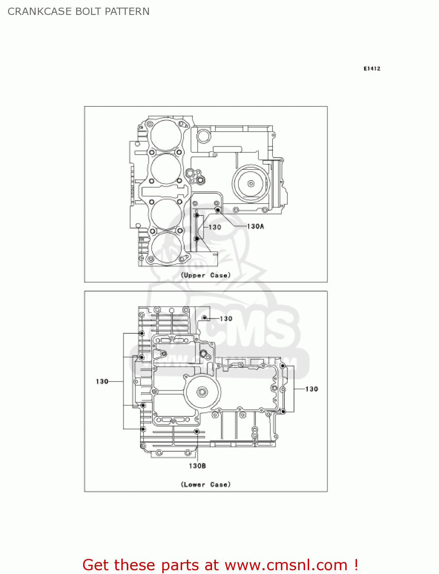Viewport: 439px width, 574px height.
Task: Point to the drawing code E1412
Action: tap(372, 68)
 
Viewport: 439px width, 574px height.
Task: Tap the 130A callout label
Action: tap(255, 227)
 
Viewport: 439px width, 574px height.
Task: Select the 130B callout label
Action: tap(197, 466)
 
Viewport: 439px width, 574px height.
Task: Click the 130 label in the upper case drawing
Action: tap(215, 227)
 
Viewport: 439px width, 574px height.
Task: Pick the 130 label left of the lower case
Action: tap(102, 382)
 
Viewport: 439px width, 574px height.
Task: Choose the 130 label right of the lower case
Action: tap(312, 389)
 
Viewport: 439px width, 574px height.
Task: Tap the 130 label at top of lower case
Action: tap(226, 318)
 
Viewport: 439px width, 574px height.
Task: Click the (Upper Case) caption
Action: tap(206, 275)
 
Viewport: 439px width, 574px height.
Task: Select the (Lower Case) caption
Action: tap(206, 484)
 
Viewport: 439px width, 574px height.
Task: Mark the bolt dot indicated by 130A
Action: tap(217, 210)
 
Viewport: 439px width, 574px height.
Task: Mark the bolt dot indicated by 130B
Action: tap(196, 432)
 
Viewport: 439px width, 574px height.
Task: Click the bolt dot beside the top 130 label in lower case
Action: tap(205, 318)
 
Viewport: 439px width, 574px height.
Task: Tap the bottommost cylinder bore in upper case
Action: tap(166, 247)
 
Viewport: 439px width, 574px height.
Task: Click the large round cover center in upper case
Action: tap(251, 184)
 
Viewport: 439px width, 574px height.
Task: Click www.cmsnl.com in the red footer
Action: tap(286, 565)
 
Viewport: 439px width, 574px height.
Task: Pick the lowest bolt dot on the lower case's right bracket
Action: tap(283, 412)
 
